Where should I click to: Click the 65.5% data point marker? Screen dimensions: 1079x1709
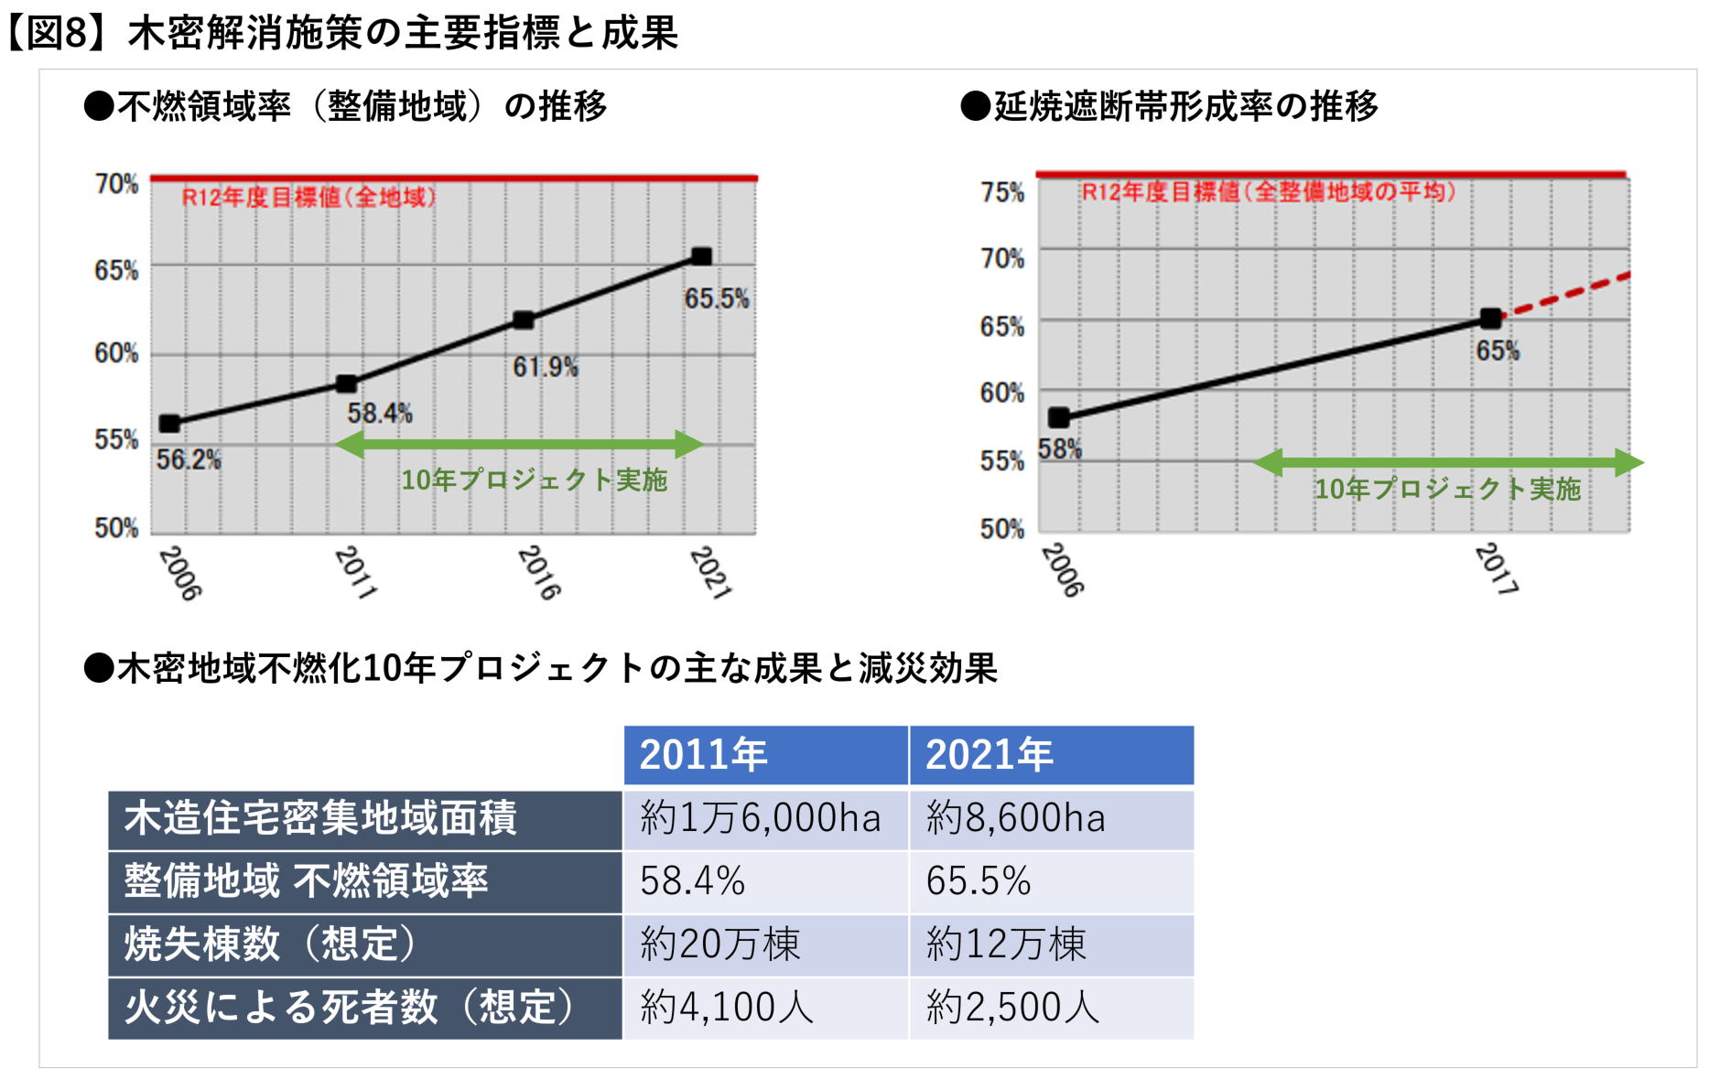pyautogui.click(x=701, y=256)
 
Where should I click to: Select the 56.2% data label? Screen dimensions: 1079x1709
pyautogui.click(x=189, y=459)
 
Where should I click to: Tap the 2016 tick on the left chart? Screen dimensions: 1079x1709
pyautogui.click(x=538, y=573)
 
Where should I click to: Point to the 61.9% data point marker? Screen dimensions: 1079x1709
pyautogui.click(x=524, y=319)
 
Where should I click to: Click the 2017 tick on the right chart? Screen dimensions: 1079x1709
pyautogui.click(x=1496, y=568)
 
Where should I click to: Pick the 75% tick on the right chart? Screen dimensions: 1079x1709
pyautogui.click(x=1001, y=192)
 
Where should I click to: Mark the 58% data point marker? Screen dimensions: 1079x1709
pyautogui.click(x=1059, y=418)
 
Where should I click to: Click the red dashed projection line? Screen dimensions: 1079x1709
pyautogui.click(x=1567, y=295)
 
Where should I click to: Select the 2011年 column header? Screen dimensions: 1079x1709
pyautogui.click(x=765, y=755)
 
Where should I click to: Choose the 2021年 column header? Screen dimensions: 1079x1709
pyautogui.click(x=1051, y=755)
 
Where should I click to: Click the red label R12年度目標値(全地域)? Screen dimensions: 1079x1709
pyautogui.click(x=308, y=197)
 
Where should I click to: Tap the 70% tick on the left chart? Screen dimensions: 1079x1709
pyautogui.click(x=116, y=184)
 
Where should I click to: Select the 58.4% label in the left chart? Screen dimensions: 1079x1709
pyautogui.click(x=380, y=414)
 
